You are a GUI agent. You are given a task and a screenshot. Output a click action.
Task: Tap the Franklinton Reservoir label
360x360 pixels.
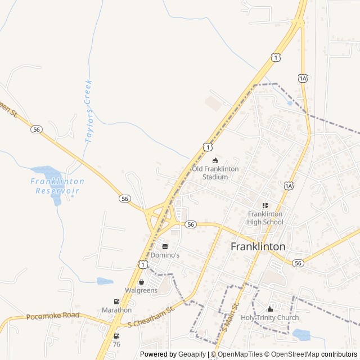coord(57,186)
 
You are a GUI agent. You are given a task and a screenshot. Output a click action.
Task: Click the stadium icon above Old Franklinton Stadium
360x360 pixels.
coord(215,160)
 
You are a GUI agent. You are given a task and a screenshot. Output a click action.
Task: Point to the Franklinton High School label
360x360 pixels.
coord(265,218)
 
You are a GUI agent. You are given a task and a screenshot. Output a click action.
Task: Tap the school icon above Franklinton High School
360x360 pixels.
coord(265,206)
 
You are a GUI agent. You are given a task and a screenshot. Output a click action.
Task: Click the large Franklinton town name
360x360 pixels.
coord(258,246)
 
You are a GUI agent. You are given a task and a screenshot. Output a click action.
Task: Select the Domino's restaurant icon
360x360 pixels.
coord(165,246)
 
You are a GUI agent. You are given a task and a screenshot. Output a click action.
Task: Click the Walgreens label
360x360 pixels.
coord(141,290)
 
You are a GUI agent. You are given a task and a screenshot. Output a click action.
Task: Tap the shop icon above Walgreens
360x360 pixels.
coord(141,282)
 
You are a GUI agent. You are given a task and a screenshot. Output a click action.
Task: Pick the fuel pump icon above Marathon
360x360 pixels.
coord(116,301)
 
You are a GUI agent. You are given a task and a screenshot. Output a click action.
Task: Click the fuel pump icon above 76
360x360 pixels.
coord(116,336)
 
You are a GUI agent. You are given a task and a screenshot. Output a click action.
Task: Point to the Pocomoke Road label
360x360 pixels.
coord(53,316)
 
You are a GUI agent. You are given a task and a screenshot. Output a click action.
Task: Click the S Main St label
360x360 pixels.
coord(231,317)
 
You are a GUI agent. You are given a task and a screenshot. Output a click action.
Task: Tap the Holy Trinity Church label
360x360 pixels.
coord(269,318)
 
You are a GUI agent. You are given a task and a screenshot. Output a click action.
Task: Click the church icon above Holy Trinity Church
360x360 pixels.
coord(269,309)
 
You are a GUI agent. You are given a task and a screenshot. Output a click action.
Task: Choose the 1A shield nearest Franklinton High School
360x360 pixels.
coord(289,186)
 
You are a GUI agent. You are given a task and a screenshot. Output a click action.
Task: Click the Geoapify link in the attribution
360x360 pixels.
coord(193,354)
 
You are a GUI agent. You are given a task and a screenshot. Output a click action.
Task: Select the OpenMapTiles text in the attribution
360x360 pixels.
coord(241,354)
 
